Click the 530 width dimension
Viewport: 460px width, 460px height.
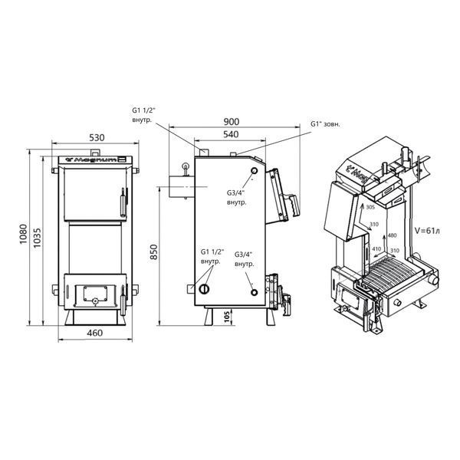97,137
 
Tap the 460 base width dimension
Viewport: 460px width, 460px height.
95,333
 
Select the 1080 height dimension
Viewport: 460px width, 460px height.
23,234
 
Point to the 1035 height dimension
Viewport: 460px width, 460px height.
38,238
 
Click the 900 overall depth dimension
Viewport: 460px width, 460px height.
232,121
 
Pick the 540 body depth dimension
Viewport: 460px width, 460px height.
231,134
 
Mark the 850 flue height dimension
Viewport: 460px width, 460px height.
154,251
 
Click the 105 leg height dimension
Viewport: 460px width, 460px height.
227,317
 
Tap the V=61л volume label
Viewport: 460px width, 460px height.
427,231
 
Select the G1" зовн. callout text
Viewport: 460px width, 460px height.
325,124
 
